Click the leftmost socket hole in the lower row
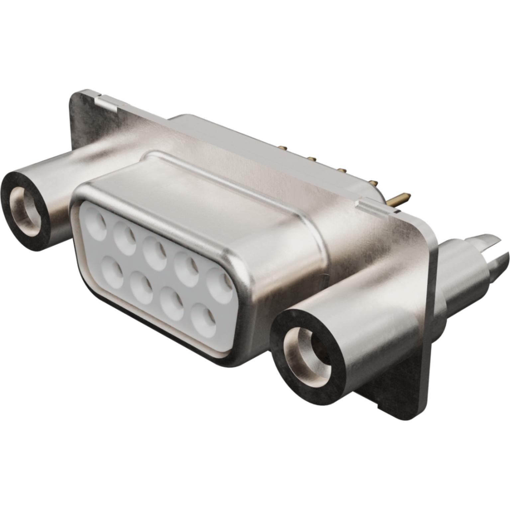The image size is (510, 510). pos(111,270)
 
